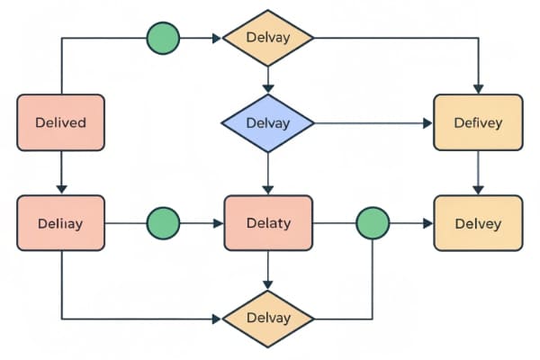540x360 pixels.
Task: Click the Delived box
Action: (x=60, y=121)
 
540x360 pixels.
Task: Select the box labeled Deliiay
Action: (x=60, y=222)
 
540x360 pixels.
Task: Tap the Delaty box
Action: (x=267, y=222)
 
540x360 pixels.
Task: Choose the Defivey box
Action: (x=478, y=121)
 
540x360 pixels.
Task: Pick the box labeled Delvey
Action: (x=478, y=222)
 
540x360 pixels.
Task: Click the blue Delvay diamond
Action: (x=267, y=122)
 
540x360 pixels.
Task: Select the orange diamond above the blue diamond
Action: (x=267, y=39)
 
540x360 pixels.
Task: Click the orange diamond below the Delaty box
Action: (x=267, y=319)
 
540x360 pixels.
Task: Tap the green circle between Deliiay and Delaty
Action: (x=163, y=222)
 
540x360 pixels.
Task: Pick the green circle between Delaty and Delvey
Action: (x=373, y=222)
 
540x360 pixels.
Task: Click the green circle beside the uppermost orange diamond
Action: (x=163, y=39)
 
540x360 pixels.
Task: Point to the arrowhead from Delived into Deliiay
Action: (x=60, y=188)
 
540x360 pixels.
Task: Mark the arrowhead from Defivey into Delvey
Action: (x=478, y=189)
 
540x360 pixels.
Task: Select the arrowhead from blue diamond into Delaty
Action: (x=267, y=189)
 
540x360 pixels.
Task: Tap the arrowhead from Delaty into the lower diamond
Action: (x=267, y=285)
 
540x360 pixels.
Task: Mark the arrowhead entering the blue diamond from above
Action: (x=267, y=87)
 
